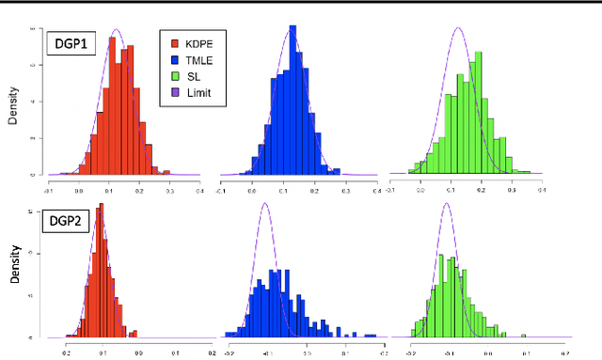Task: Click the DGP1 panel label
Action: pos(71,45)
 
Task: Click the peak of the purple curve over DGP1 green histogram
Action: pos(458,28)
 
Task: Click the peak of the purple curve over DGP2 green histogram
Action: pos(446,203)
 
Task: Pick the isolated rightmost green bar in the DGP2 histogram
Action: pos(523,335)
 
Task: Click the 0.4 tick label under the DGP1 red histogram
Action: pos(199,189)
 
